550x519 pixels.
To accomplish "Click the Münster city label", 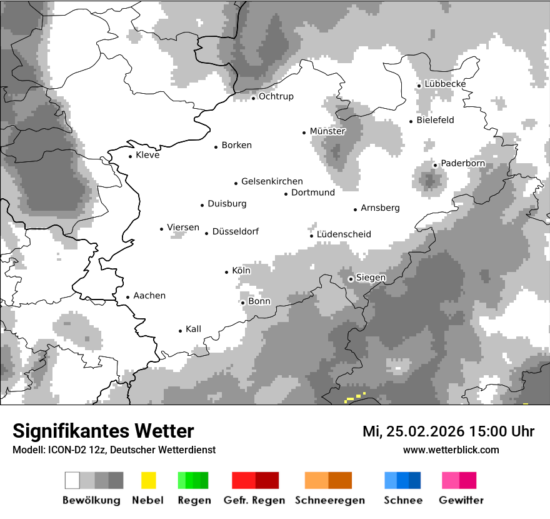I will click(327, 131).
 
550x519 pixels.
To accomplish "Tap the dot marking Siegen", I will click(351, 279).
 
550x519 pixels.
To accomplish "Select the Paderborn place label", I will click(462, 164).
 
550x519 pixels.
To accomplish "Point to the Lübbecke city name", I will click(445, 84).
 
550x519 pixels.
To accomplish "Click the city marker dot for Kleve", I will click(131, 156).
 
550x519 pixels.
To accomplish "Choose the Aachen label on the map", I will click(149, 296).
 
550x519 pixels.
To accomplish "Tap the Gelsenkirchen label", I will click(272, 181).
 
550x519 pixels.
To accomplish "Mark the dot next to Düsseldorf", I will click(207, 233).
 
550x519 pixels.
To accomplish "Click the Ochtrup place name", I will click(276, 96).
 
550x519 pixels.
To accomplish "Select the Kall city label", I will click(193, 329).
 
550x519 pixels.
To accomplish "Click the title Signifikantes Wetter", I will click(103, 431).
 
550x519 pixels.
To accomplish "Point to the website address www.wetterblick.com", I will click(451, 450).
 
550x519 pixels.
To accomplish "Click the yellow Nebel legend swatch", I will click(148, 480).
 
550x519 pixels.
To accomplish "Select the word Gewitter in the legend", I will click(461, 500).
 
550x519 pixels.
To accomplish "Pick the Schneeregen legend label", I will click(329, 500).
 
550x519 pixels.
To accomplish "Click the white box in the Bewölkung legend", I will click(72, 480).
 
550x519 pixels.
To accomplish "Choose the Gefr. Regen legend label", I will click(254, 500).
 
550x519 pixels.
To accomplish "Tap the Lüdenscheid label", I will click(344, 234).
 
